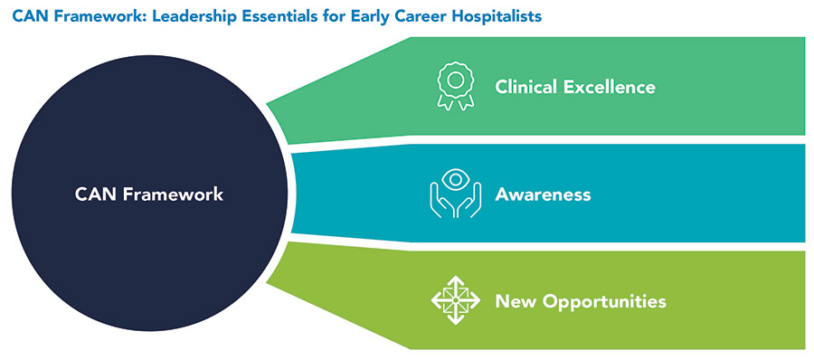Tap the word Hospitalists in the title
point(498,16)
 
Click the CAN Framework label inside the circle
point(149,194)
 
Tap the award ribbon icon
point(455,86)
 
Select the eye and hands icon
point(455,194)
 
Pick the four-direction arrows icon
point(455,300)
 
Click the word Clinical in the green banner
point(524,86)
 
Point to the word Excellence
point(608,86)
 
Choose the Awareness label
point(543,194)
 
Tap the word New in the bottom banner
point(512,301)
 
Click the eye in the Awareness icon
point(455,179)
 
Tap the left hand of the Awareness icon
point(441,200)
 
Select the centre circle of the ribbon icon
point(455,80)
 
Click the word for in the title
point(301,16)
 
